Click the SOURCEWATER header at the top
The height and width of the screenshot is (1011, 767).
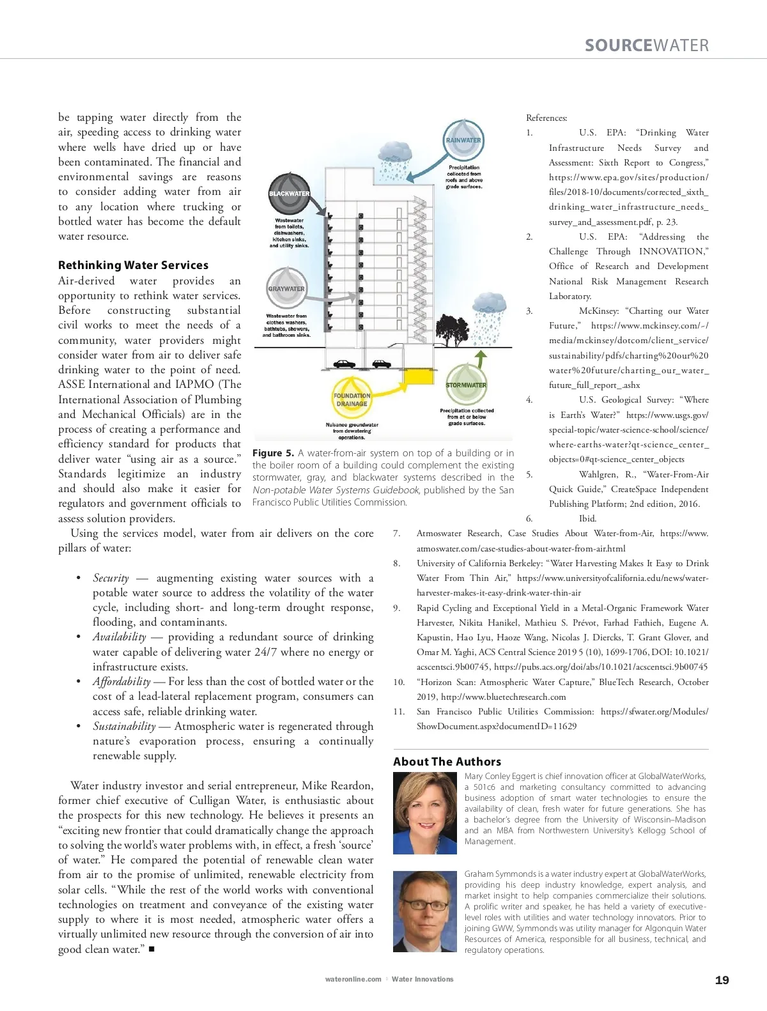tap(646, 45)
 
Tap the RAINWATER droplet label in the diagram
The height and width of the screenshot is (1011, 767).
tap(463, 140)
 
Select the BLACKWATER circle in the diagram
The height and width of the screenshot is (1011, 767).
tap(289, 193)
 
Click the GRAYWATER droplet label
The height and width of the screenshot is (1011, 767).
tap(286, 289)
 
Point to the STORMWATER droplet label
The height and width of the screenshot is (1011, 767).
tap(466, 385)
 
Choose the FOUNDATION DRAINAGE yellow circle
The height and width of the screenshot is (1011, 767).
tap(352, 399)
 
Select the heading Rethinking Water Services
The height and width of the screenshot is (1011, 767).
tap(133, 265)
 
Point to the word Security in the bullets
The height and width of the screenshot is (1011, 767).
tap(111, 578)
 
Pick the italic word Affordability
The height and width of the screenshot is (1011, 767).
tap(121, 681)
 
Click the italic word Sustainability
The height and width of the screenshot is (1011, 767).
tap(124, 726)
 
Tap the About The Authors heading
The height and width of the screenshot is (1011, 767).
tap(447, 761)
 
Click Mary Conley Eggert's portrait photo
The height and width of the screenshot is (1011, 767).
tap(424, 813)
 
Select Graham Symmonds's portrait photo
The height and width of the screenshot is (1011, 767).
tap(424, 911)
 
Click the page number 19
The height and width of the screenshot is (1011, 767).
tap(722, 980)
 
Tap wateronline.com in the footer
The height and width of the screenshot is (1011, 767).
tap(353, 979)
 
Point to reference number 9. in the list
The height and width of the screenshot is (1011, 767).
tap(397, 608)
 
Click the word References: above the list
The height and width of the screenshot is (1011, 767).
tap(546, 118)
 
